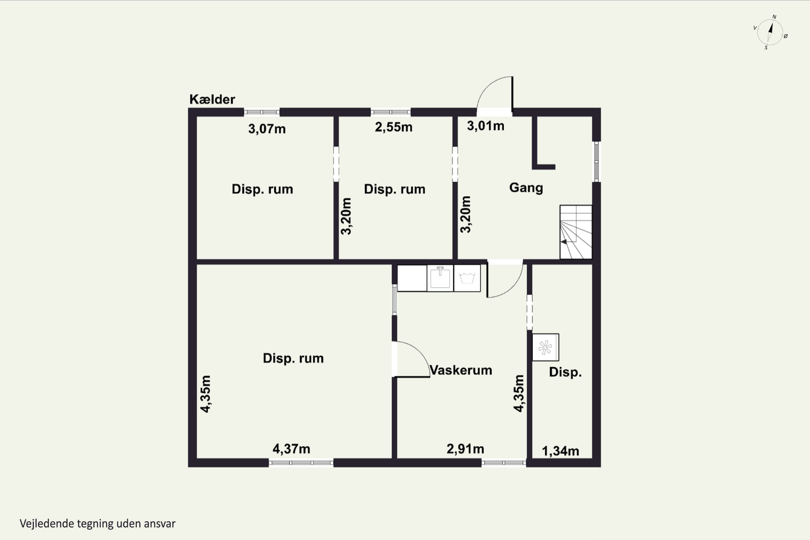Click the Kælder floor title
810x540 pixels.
click(212, 100)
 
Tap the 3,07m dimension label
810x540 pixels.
click(267, 129)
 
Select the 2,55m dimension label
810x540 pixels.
click(394, 127)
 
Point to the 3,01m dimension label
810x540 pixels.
click(485, 126)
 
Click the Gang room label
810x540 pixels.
click(526, 188)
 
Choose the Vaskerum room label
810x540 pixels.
click(461, 370)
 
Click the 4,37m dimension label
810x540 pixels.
click(291, 449)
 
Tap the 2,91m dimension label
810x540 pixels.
click(465, 449)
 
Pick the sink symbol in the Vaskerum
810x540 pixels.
click(440, 278)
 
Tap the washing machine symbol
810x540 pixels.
click(467, 278)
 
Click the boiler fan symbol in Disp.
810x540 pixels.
click(545, 347)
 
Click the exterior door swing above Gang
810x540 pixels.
click(495, 93)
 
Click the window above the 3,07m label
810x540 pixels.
click(262, 112)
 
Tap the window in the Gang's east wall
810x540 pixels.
click(596, 162)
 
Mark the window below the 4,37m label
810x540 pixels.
click(301, 463)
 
